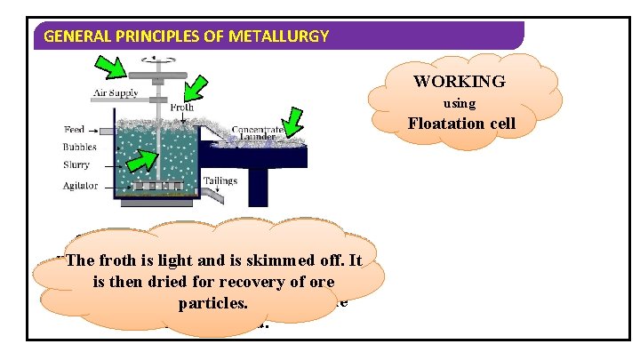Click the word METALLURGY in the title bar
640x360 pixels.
pyautogui.click(x=283, y=36)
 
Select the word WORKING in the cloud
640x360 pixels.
pyautogui.click(x=459, y=82)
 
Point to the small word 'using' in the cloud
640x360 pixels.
pyautogui.click(x=459, y=103)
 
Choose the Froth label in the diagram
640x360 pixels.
pyautogui.click(x=181, y=108)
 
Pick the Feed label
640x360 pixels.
pyautogui.click(x=75, y=131)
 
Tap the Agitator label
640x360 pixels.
pyautogui.click(x=82, y=186)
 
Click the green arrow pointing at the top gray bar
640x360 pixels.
pyautogui.click(x=113, y=66)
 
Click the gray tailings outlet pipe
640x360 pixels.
pyautogui.click(x=259, y=187)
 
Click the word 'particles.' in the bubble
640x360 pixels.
pyautogui.click(x=212, y=303)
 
